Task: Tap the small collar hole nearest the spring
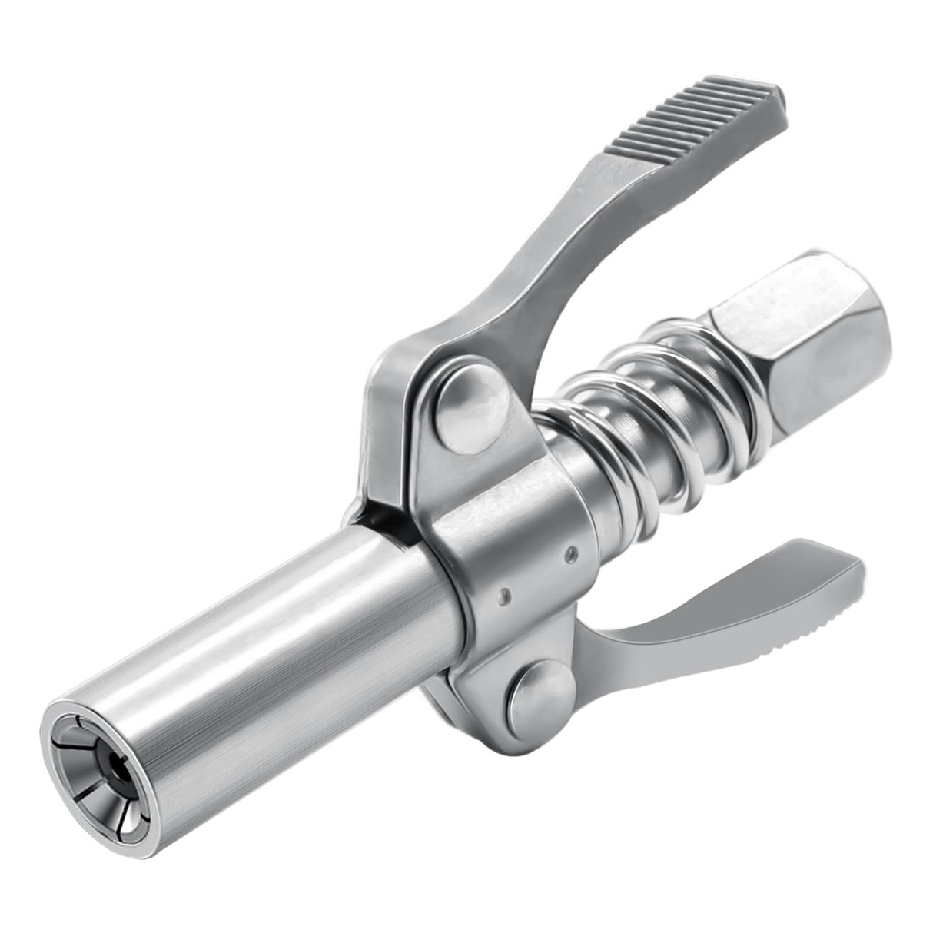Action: point(568,550)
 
